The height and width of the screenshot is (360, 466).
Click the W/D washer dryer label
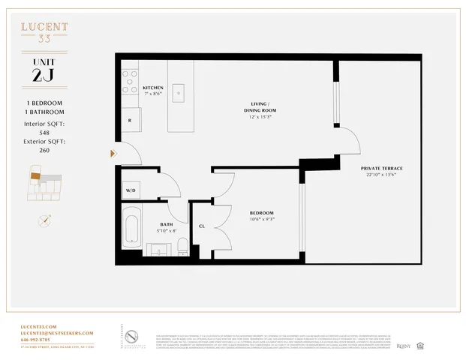point(131,190)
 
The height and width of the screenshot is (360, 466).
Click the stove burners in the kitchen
point(130,77)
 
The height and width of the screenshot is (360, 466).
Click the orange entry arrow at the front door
point(113,154)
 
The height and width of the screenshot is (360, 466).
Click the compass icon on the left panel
point(44,220)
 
